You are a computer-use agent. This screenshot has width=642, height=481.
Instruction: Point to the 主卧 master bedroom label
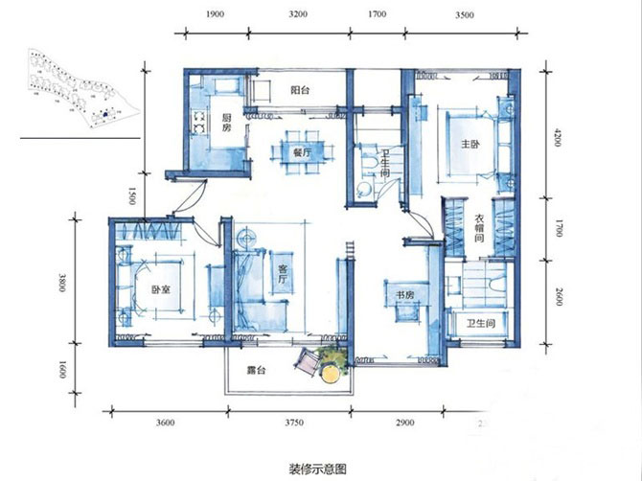click(x=470, y=145)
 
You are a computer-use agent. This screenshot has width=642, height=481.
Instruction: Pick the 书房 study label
click(x=403, y=295)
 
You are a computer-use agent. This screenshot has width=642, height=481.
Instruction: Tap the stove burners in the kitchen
click(x=200, y=122)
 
